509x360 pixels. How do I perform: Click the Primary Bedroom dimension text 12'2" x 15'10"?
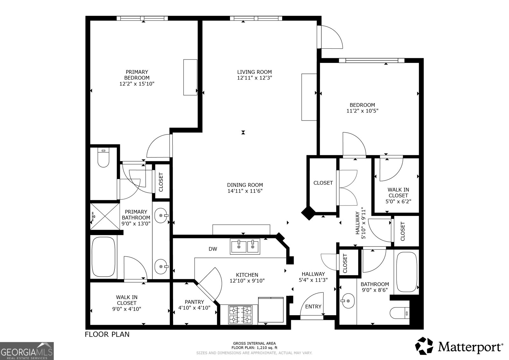point(137,84)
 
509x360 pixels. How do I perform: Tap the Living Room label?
point(254,72)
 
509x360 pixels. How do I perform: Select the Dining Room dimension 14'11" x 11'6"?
point(245,191)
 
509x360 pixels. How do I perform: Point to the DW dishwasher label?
point(213,249)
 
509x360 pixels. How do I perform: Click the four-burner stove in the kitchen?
point(241,315)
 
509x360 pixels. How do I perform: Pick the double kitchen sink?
point(245,246)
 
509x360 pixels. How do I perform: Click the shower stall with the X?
point(105,217)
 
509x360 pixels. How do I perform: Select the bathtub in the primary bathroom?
point(103,257)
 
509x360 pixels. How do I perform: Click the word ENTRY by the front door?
point(313,307)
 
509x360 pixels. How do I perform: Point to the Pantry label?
point(194,302)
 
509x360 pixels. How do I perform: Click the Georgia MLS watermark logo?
point(27,351)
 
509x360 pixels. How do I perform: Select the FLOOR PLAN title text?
point(107,334)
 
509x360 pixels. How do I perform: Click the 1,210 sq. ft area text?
point(267,348)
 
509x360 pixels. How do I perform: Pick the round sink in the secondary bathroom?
point(348,301)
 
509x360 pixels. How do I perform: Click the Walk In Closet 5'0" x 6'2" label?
point(398,196)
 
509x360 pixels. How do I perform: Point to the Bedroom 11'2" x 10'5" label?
point(362,108)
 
